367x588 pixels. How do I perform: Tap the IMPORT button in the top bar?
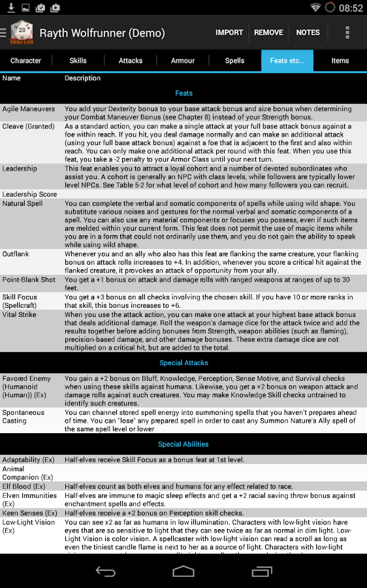point(229,32)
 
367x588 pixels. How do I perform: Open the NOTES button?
point(308,32)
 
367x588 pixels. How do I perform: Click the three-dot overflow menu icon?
point(347,32)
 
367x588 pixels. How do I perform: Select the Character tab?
point(26,61)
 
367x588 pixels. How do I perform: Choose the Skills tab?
point(78,61)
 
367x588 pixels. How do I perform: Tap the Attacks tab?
point(131,61)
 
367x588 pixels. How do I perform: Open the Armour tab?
point(183,61)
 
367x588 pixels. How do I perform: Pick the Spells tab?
point(235,61)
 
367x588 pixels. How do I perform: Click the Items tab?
point(340,61)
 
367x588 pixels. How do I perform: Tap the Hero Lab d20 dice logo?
point(23,32)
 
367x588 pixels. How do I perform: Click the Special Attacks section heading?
point(183,363)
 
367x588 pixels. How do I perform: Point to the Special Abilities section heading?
point(183,444)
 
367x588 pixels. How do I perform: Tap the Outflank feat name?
point(16,253)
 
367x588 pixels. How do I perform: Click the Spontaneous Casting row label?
point(24,417)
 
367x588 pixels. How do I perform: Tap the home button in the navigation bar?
point(183,572)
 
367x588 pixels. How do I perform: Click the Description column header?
point(82,78)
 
